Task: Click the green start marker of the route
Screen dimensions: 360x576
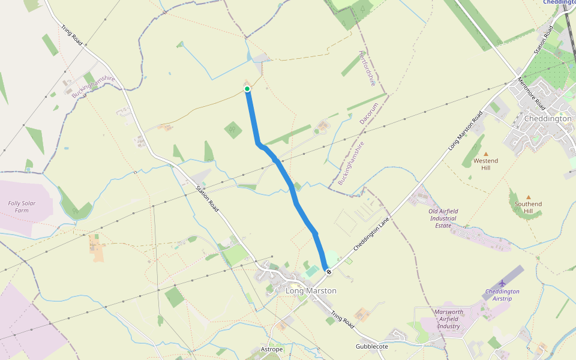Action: tap(247, 89)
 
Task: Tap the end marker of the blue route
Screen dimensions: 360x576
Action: tap(328, 272)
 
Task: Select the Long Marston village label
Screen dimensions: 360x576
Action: tap(311, 291)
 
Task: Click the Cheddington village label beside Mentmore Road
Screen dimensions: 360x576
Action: tap(548, 119)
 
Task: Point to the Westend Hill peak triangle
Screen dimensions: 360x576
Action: tap(486, 154)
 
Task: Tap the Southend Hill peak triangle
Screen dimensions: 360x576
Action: tap(529, 197)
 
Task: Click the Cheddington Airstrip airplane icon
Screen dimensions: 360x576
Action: tap(502, 283)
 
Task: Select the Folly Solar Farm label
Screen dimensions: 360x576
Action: tap(22, 207)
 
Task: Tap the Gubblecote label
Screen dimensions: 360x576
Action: tap(372, 347)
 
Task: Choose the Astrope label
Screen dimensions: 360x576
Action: tap(271, 349)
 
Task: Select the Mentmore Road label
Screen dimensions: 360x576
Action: tap(531, 95)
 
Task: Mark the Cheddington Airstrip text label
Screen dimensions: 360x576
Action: tap(502, 295)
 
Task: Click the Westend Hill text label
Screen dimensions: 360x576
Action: tap(485, 164)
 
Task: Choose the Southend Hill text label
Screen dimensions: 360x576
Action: tap(528, 208)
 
